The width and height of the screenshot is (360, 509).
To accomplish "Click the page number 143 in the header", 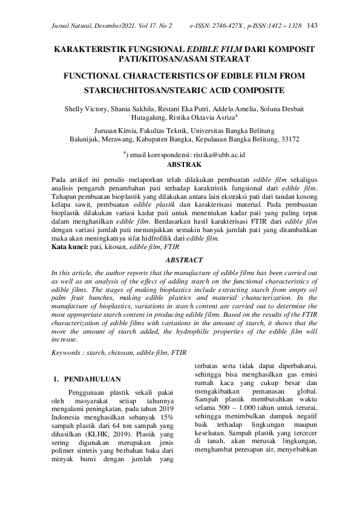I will pos(313,26).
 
